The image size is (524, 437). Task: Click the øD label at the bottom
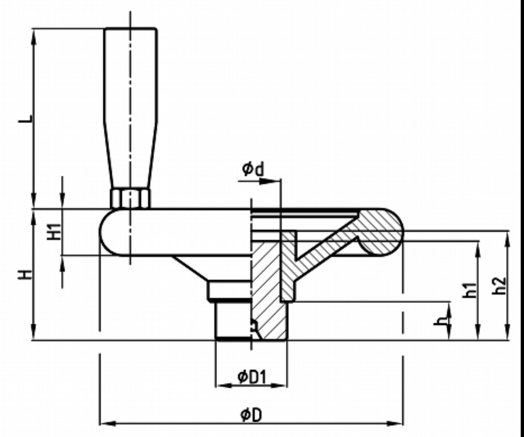pos(251,415)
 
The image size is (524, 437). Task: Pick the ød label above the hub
pos(253,169)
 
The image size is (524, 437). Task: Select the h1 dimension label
pos(470,290)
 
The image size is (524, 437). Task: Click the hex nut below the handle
pos(130,198)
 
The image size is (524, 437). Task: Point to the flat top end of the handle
pos(131,29)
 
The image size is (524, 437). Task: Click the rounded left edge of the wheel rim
pos(102,232)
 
